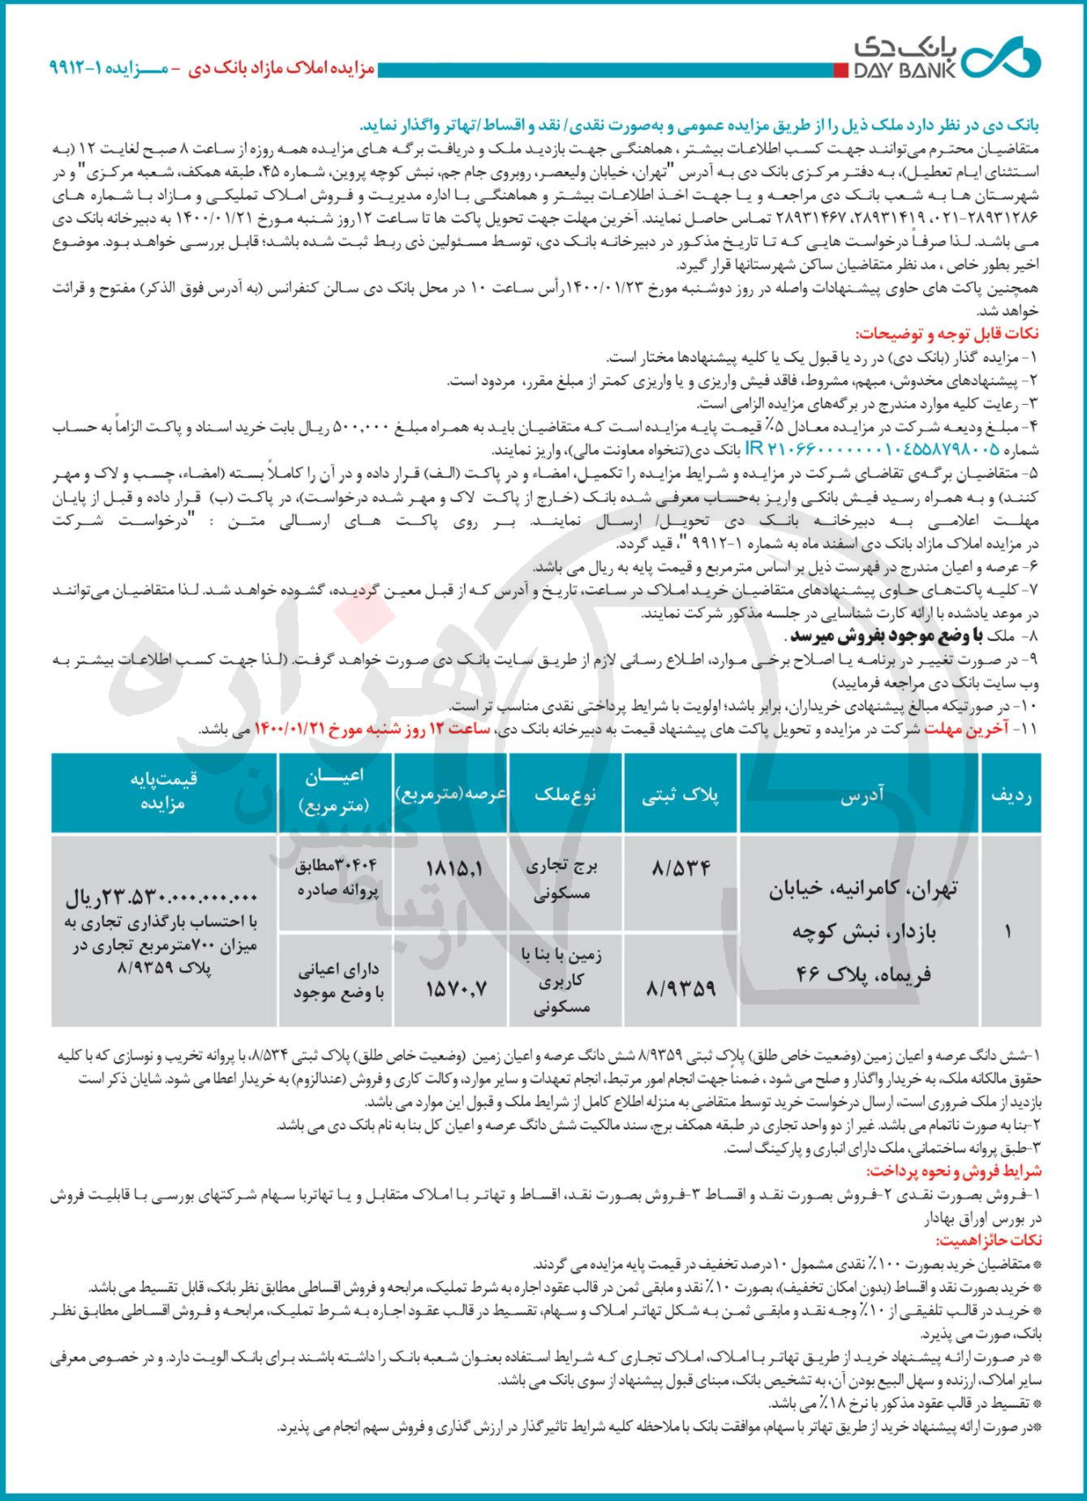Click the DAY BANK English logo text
[x=903, y=71]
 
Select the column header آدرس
[x=861, y=796]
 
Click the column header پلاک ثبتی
[x=681, y=796]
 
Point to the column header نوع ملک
[x=565, y=794]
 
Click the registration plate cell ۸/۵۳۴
[x=681, y=868]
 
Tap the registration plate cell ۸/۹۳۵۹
[x=681, y=987]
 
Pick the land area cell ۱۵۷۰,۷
[x=455, y=987]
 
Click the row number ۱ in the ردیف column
[x=1008, y=931]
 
